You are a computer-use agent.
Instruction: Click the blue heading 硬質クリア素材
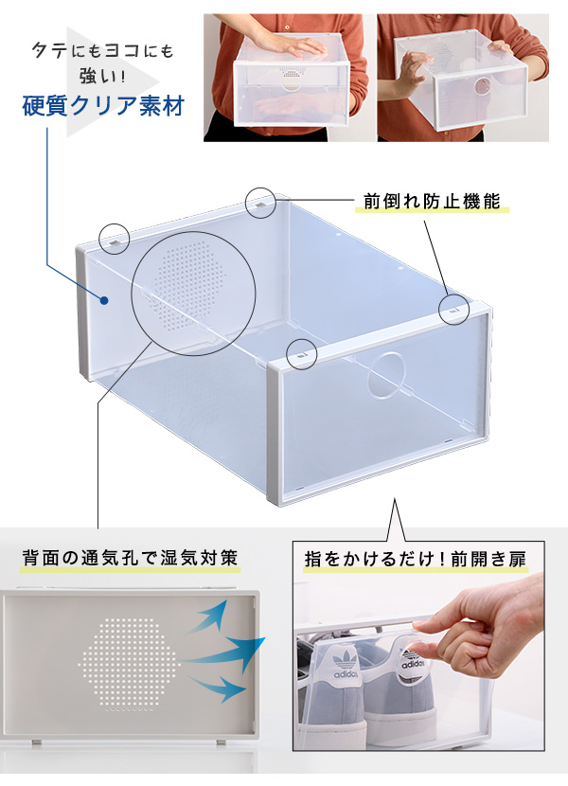[103, 106]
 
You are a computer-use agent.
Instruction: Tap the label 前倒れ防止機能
[432, 201]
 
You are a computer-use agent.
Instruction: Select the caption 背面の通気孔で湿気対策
[130, 558]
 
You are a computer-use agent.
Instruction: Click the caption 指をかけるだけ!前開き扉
[416, 559]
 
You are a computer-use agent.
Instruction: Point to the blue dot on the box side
[104, 301]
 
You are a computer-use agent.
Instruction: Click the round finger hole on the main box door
[386, 375]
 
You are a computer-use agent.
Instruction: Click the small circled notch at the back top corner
[260, 203]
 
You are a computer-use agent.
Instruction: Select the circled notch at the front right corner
[454, 310]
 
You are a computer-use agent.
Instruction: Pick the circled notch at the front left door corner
[302, 354]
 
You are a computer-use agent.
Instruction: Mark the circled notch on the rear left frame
[115, 239]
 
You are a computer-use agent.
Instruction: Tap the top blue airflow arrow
[208, 616]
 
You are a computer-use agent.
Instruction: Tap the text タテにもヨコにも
[103, 50]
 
